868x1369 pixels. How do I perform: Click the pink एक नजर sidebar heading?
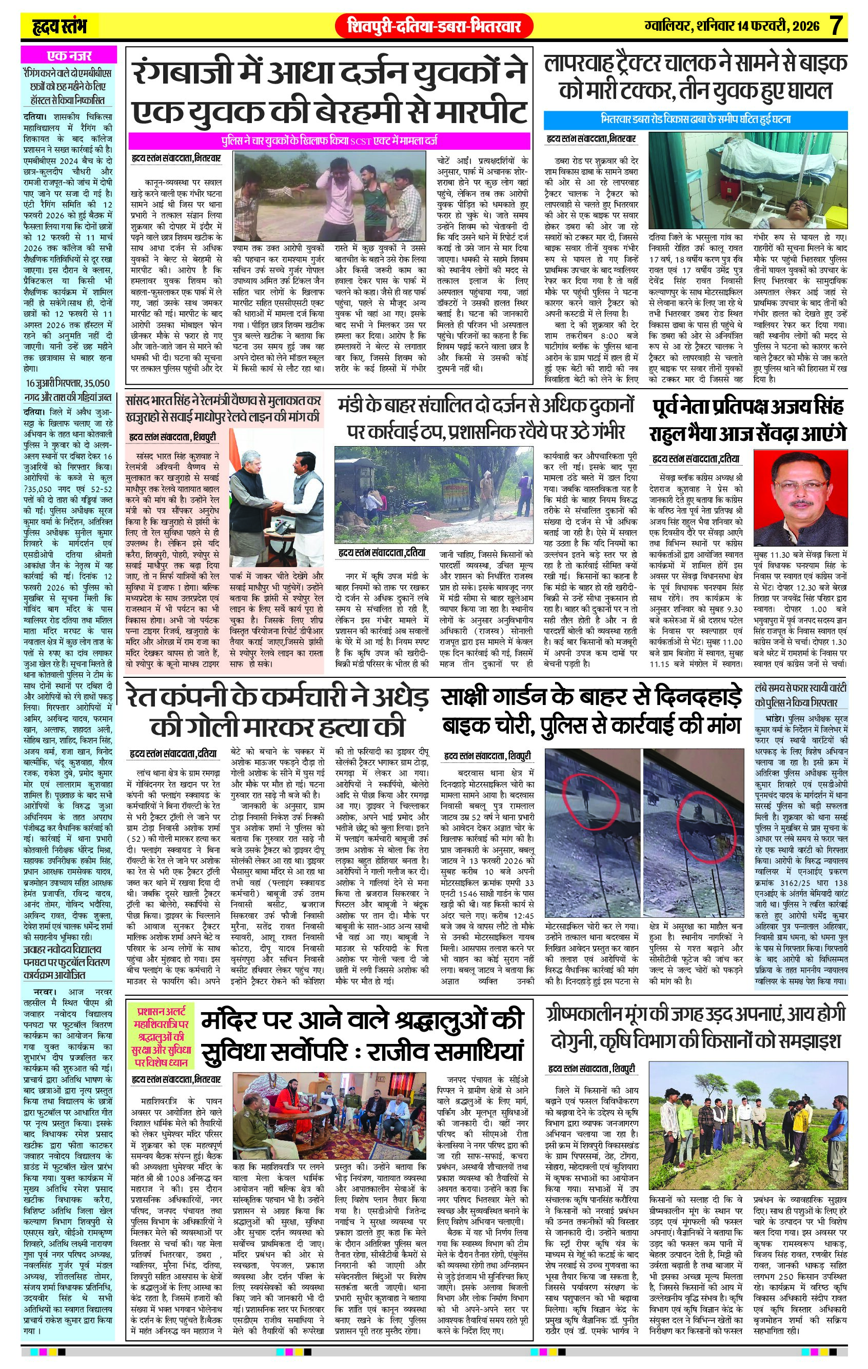69,56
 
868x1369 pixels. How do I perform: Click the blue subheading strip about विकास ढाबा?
695,120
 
